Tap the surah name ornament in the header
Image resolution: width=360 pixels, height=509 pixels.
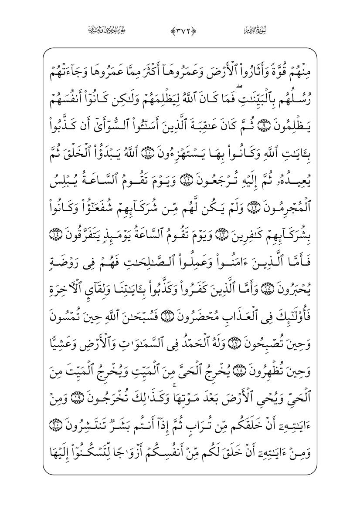pos(255,30)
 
